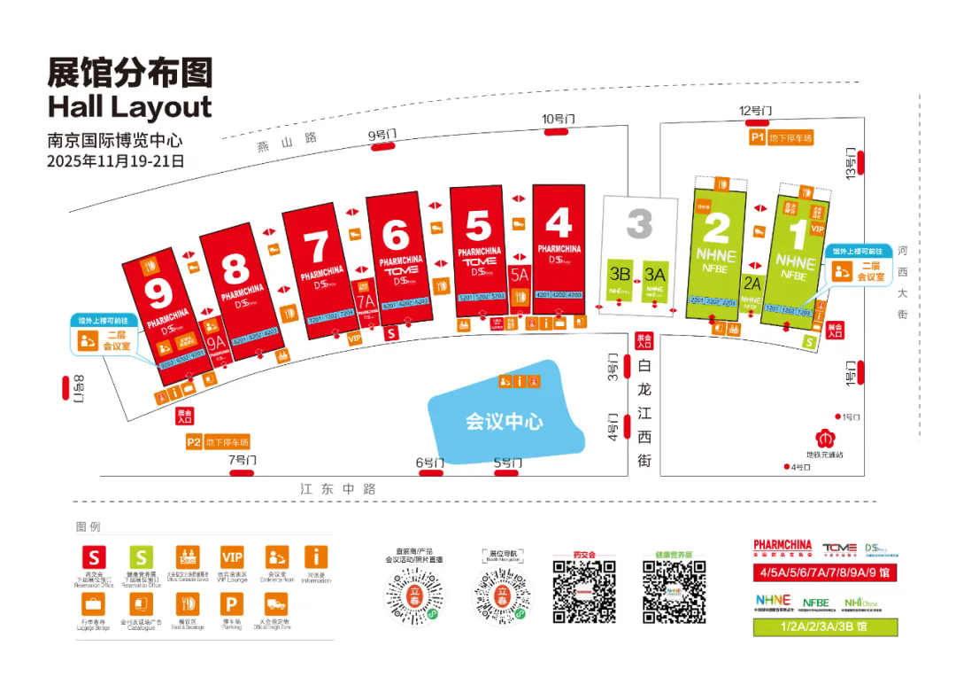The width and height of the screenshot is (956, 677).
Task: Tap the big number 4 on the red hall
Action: tap(559, 222)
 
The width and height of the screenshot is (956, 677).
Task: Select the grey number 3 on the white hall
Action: tap(639, 224)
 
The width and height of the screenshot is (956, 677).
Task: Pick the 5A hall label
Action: tap(520, 276)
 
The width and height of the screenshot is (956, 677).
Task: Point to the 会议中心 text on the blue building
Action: tap(505, 422)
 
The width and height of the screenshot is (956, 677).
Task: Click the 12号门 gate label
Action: tap(756, 111)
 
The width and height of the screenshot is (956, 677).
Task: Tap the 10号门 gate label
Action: tap(559, 119)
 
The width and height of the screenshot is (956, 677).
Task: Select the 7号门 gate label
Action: tap(242, 459)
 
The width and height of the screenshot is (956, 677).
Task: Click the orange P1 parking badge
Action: tap(758, 138)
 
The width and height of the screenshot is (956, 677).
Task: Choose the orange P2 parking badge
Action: tap(194, 441)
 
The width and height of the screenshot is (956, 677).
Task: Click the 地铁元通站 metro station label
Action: tap(829, 455)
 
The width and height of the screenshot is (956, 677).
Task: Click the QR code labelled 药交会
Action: tap(585, 591)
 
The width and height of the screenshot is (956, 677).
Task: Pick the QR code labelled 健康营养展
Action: tap(674, 591)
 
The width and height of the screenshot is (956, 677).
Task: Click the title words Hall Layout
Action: tap(130, 106)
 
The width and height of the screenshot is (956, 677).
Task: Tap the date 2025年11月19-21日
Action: tap(115, 161)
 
